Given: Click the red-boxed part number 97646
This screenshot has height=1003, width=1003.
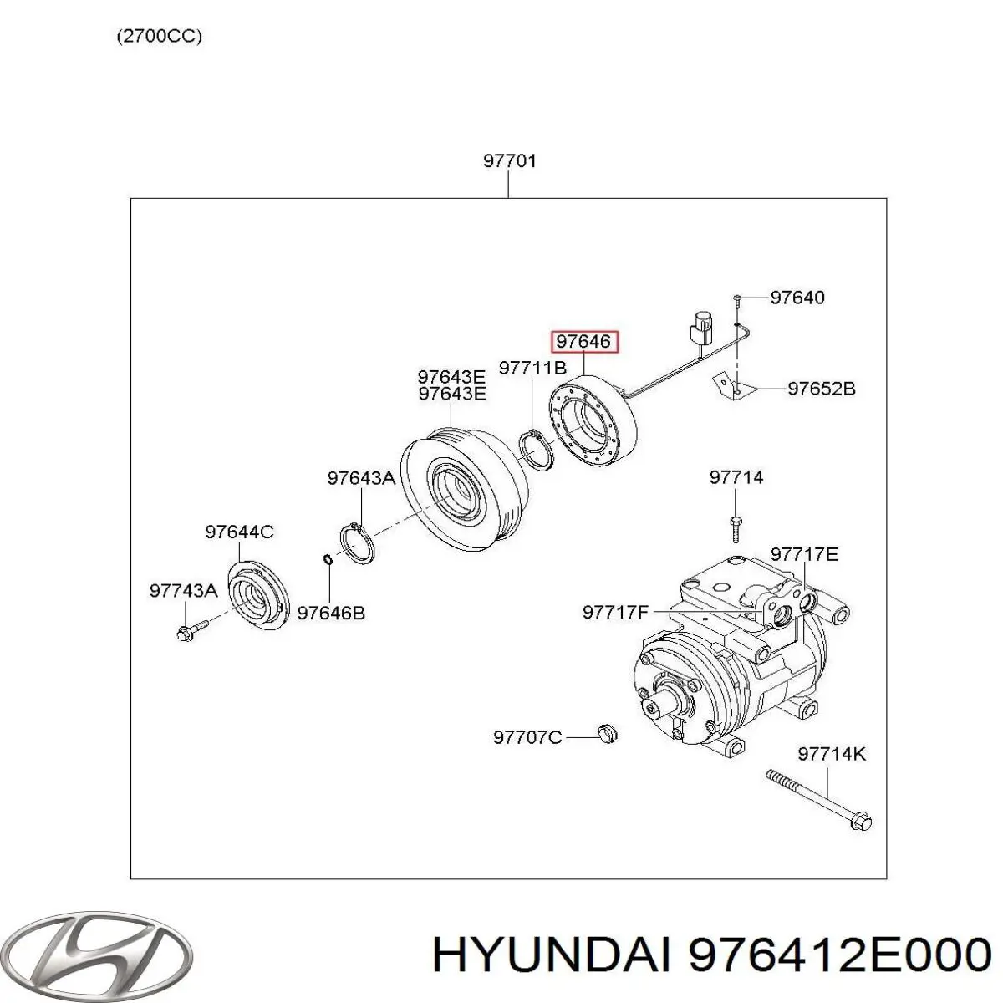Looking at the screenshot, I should point(583,342).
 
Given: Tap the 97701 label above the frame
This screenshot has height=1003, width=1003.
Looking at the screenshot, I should point(509,160).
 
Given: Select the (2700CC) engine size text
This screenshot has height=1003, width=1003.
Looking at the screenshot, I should point(159,37).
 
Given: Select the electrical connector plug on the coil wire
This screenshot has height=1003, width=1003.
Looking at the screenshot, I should point(701,327).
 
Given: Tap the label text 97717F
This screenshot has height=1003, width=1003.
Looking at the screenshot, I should point(615,612).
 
